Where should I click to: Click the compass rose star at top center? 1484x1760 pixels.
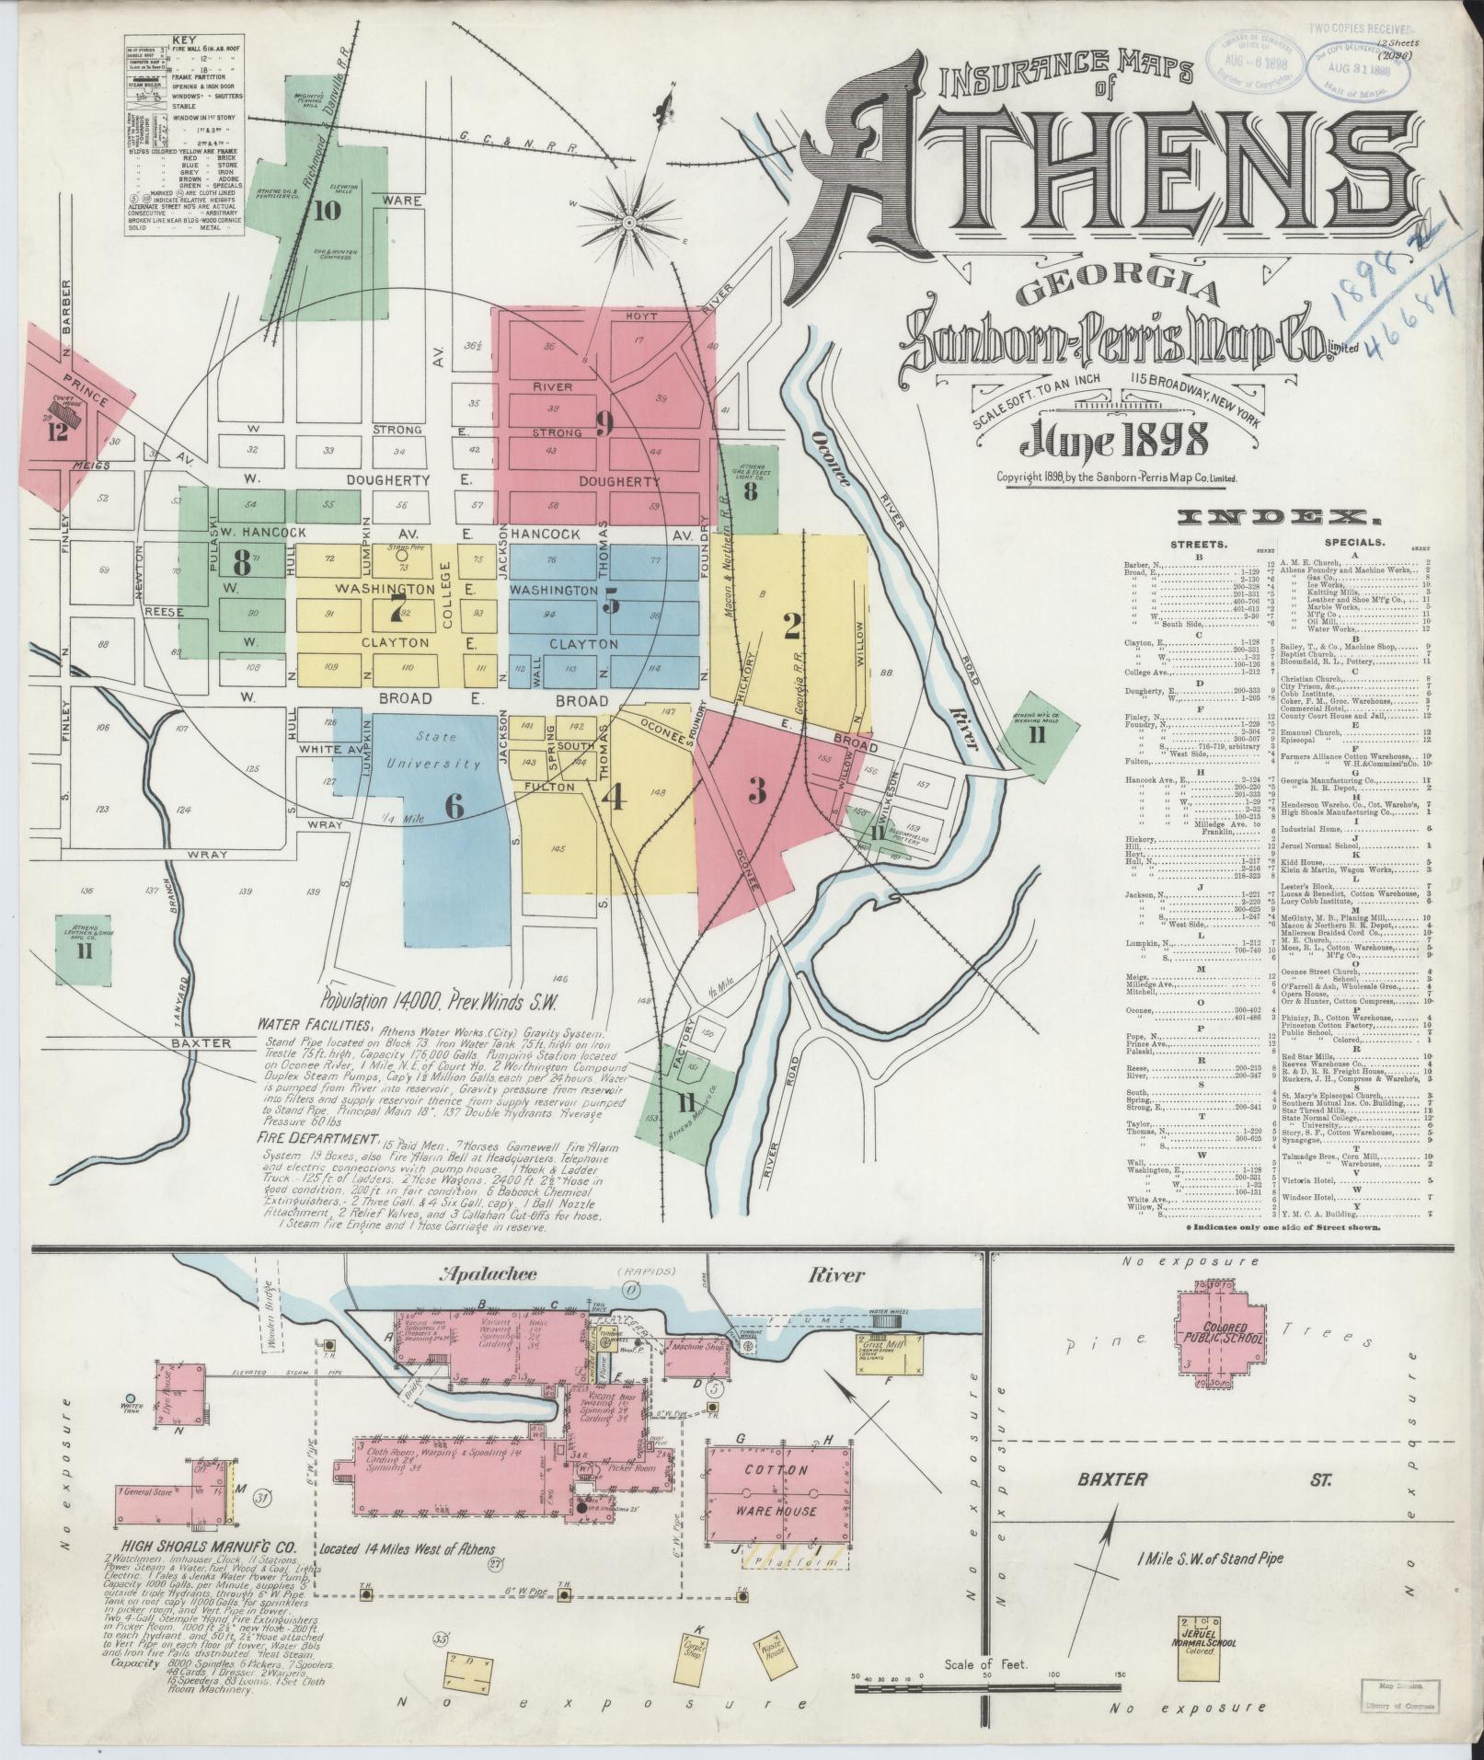click(x=628, y=221)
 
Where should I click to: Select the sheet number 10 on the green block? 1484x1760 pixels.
click(x=326, y=211)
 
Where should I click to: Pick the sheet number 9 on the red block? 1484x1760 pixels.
click(x=604, y=422)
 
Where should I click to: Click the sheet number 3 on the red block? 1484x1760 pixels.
click(x=756, y=788)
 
